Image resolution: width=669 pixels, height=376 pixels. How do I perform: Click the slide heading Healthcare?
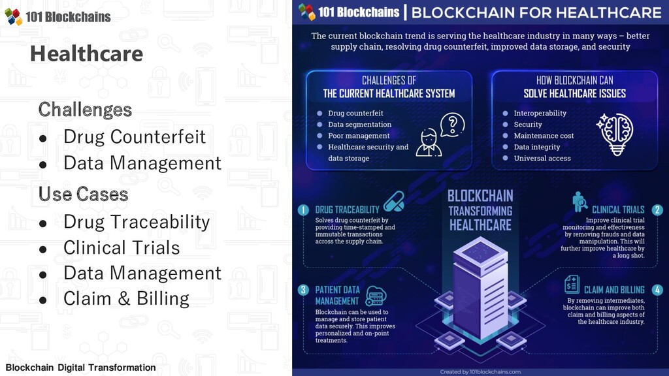pyautogui.click(x=86, y=54)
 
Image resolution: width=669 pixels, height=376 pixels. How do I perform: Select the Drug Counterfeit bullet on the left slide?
pyautogui.click(x=134, y=136)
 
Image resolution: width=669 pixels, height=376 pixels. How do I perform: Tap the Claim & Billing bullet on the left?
pyautogui.click(x=126, y=298)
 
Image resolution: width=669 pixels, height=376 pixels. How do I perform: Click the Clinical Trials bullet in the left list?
pyautogui.click(x=122, y=247)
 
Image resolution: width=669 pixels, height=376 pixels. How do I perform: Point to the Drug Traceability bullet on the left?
pyautogui.click(x=137, y=222)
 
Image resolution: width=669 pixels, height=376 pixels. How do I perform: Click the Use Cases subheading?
pyautogui.click(x=83, y=194)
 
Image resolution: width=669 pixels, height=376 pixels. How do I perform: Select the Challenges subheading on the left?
pyautogui.click(x=85, y=109)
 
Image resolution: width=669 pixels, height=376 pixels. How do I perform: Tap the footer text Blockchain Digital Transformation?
pyautogui.click(x=80, y=368)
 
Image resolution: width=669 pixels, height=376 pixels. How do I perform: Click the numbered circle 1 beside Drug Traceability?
pyautogui.click(x=303, y=210)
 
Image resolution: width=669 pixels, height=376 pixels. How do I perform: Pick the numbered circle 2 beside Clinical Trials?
pyautogui.click(x=657, y=210)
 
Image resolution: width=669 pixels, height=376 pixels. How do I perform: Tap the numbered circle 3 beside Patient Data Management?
pyautogui.click(x=303, y=290)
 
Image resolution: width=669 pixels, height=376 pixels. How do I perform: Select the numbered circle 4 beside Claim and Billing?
pyautogui.click(x=657, y=290)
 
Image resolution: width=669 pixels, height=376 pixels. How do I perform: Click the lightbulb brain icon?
pyautogui.click(x=615, y=133)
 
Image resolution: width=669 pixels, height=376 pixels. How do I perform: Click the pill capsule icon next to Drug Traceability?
pyautogui.click(x=394, y=202)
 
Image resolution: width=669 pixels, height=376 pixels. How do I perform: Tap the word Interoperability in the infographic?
pyautogui.click(x=540, y=113)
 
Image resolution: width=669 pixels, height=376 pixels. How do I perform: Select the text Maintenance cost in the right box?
pyautogui.click(x=544, y=136)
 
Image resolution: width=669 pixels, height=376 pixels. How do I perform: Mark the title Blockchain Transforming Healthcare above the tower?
pyautogui.click(x=480, y=210)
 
